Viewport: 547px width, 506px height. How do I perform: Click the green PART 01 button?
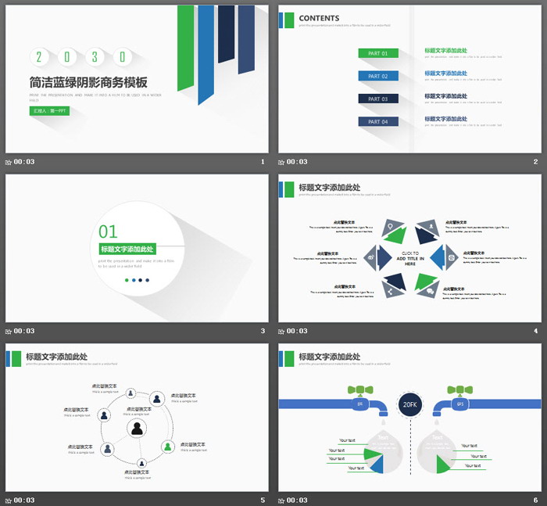pyautogui.click(x=378, y=53)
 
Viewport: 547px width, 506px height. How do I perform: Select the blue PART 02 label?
pyautogui.click(x=378, y=76)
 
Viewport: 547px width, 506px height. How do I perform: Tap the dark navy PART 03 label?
pyautogui.click(x=378, y=99)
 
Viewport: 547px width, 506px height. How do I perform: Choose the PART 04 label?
pyautogui.click(x=378, y=121)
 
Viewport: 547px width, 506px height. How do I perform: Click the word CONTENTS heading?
pyautogui.click(x=319, y=18)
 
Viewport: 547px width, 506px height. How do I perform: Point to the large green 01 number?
pyautogui.click(x=108, y=231)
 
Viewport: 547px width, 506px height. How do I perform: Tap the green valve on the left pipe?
pyautogui.click(x=360, y=389)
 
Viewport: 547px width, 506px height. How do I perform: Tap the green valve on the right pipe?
pyautogui.click(x=459, y=389)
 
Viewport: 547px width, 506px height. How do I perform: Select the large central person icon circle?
pyautogui.click(x=138, y=428)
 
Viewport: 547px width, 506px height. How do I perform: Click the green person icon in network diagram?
pyautogui.click(x=167, y=447)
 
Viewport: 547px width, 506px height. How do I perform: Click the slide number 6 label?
pyautogui.click(x=536, y=500)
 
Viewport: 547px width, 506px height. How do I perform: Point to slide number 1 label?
pyautogui.click(x=263, y=162)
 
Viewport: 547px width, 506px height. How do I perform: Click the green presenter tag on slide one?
pyautogui.click(x=49, y=111)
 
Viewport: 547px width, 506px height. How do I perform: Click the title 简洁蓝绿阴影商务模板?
pyautogui.click(x=88, y=82)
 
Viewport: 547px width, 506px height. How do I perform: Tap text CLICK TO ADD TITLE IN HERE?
pyautogui.click(x=409, y=258)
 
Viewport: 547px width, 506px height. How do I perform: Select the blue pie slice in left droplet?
pyautogui.click(x=377, y=465)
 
